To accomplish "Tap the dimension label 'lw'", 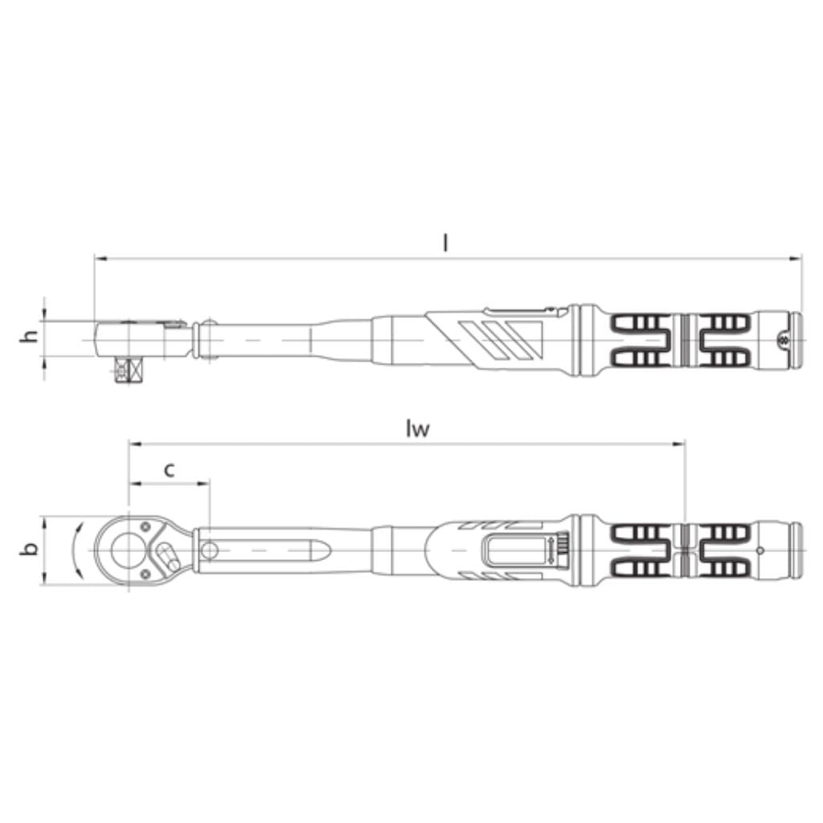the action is coord(417,429).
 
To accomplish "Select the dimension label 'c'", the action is coord(169,471).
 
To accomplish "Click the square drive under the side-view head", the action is coord(129,369).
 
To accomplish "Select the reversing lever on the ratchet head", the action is coord(168,556).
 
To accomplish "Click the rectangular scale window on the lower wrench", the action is coord(517,550).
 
